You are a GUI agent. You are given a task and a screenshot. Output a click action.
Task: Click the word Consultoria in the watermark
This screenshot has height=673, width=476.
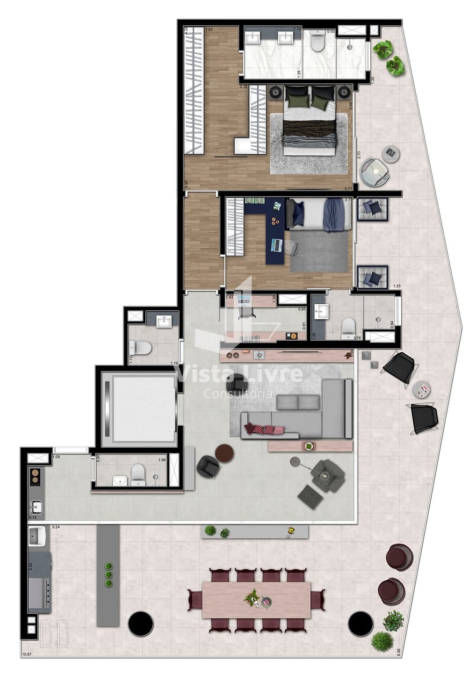pos(238,394)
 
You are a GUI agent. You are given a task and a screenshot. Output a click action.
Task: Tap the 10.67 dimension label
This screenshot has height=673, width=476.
pos(28,654)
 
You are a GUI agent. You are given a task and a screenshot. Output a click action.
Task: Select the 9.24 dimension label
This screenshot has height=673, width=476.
pos(56,527)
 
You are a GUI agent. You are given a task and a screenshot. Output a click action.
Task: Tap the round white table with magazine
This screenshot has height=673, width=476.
pos(422,389)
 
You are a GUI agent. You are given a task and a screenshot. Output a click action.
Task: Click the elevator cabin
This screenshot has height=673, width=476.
pos(138,408)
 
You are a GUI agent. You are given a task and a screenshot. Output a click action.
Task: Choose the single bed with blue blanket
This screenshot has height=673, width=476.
pos(318,215)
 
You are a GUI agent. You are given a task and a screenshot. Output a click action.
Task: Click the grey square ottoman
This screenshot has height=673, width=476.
pos(310,496)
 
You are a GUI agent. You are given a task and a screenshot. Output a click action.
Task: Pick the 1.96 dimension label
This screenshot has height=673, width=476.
pos(162,460)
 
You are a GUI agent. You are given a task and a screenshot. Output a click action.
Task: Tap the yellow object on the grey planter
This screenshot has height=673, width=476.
pos(291,530)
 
